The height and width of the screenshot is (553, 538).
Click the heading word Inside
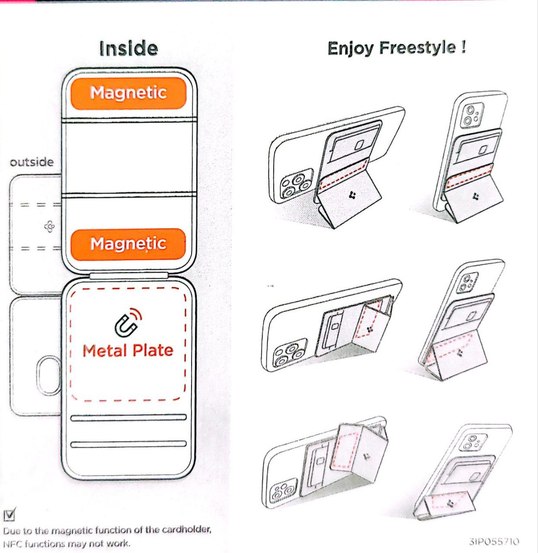coord(128,48)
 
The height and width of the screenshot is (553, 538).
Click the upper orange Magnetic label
coord(128,93)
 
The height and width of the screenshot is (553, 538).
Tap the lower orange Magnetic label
coord(128,244)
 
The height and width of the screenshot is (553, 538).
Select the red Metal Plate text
coord(128,350)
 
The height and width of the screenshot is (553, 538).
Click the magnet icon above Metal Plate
coord(128,323)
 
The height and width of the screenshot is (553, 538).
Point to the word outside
coord(32,162)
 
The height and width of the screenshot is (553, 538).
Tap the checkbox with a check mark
coord(10,514)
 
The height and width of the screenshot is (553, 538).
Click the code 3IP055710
coord(494,541)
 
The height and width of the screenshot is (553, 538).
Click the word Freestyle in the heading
coord(418,48)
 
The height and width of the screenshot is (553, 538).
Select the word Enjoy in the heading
coord(350,48)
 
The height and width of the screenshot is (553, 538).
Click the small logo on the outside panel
coord(49,226)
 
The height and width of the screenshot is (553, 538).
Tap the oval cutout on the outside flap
coord(49,375)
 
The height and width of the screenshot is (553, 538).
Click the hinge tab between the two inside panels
coord(128,275)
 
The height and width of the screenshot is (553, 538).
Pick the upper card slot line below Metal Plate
coord(128,418)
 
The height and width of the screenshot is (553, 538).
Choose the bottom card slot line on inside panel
coord(128,444)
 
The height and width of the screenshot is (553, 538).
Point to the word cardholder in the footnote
coord(187,530)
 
